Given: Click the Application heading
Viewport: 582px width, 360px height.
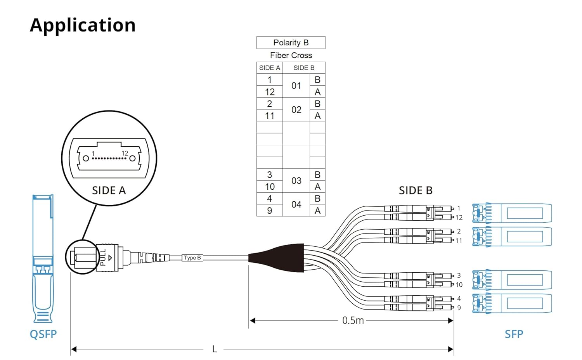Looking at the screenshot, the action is [83, 26].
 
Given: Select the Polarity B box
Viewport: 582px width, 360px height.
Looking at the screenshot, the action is [291, 43].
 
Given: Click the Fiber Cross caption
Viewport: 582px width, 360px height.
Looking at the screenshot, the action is [291, 55].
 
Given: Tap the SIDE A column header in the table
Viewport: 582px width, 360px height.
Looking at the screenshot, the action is [270, 68].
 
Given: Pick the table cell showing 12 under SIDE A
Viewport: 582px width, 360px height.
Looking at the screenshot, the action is [270, 92].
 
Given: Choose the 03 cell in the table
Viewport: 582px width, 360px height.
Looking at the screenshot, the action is [296, 180].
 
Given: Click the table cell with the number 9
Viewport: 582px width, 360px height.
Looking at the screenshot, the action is [270, 210].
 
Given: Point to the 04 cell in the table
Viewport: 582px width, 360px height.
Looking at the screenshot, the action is [296, 204].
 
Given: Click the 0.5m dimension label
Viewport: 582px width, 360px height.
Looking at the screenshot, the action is [353, 320].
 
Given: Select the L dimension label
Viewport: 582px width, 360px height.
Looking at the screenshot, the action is [214, 349].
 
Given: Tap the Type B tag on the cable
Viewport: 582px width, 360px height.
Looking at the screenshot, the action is [192, 258].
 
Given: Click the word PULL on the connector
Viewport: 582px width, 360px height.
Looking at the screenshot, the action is [103, 258].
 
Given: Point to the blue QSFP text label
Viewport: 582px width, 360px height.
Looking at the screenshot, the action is [43, 334].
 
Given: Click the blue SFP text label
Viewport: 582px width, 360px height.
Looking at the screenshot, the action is [514, 334].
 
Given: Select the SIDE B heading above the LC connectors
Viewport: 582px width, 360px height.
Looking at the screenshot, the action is [416, 190].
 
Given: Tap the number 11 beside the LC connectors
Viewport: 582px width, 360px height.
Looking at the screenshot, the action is [459, 241].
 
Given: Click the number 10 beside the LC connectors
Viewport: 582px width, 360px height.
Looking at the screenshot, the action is [459, 285].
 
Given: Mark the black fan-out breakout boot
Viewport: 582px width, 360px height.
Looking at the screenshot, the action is [277, 258].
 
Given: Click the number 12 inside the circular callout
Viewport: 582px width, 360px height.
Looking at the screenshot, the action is [125, 153].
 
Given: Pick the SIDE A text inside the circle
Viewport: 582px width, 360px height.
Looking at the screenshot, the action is [109, 190].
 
